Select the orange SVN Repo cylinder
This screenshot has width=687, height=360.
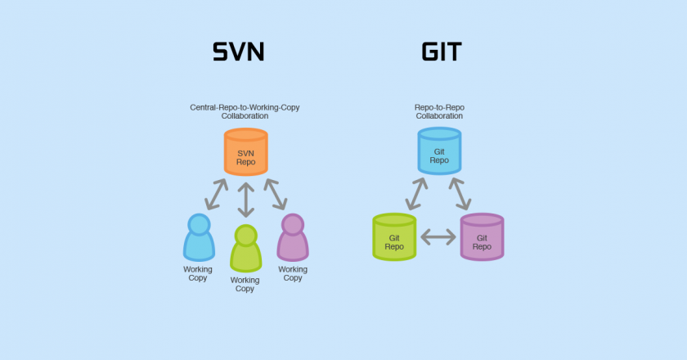coord(245,152)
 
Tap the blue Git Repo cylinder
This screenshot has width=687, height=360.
coord(439,151)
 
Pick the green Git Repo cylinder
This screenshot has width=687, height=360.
coord(394,236)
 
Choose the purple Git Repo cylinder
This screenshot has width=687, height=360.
coord(482,236)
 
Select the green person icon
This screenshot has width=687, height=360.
coord(245,249)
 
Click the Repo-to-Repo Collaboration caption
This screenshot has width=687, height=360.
coord(439,111)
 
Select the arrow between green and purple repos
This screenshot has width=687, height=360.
coord(438,237)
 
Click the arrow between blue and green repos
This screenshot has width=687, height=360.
coord(415,193)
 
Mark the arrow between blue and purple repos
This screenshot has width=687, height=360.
coord(460,193)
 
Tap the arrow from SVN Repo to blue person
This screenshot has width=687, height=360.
coord(218,195)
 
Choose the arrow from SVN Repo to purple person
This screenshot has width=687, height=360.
coord(273,195)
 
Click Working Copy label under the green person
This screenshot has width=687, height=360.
coord(245,284)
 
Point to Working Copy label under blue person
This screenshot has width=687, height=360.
coord(197,273)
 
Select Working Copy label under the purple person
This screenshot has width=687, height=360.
coord(293,273)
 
